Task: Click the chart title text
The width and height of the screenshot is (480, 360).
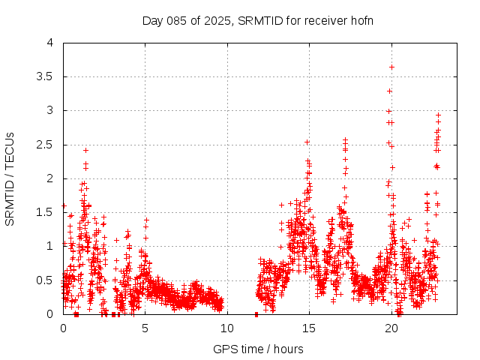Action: (x=258, y=20)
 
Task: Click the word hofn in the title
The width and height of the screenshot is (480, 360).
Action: (x=361, y=20)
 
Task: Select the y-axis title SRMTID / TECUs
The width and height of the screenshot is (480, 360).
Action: (x=10, y=178)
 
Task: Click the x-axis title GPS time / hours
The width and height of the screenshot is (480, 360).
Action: (x=258, y=349)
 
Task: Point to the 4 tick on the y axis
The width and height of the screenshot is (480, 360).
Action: (x=49, y=43)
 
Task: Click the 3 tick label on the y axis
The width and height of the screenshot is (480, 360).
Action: (x=49, y=110)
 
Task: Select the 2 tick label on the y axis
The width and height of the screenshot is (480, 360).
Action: (x=49, y=178)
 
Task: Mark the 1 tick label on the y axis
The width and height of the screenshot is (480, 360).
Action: (x=49, y=246)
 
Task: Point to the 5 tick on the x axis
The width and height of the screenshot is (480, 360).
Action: (x=145, y=328)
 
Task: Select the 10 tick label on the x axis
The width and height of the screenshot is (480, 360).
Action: (x=226, y=328)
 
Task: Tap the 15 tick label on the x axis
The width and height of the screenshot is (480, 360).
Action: (x=308, y=328)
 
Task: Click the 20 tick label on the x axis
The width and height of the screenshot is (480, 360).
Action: (x=390, y=328)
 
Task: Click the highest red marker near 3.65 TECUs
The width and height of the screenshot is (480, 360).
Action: (x=391, y=67)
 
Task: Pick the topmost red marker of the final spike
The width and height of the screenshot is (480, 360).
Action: (x=438, y=115)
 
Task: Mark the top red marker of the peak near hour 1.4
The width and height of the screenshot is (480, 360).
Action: (x=85, y=150)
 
